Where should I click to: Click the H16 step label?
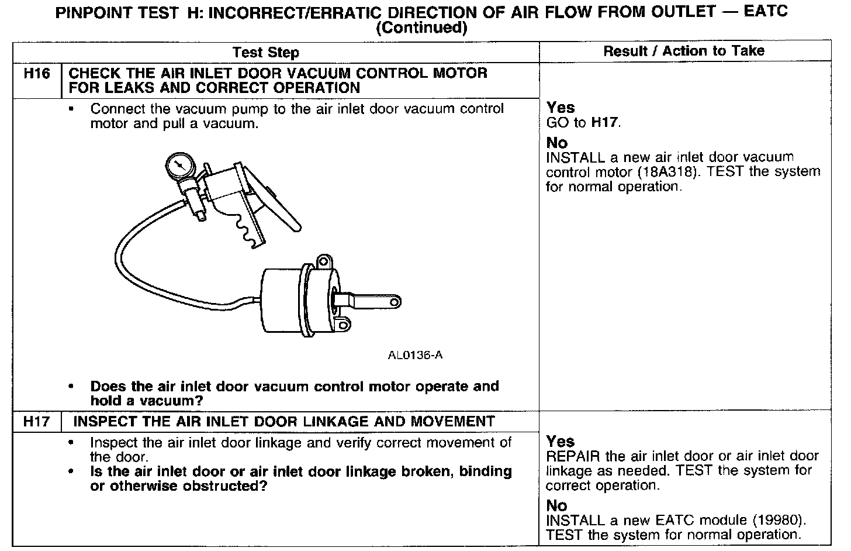36,74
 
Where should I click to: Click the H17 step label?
36,422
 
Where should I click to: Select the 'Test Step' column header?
265,53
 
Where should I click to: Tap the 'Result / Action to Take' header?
683,51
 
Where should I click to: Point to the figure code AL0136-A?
415,355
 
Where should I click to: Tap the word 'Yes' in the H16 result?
561,108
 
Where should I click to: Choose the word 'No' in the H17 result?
556,505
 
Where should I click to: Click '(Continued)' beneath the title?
421,28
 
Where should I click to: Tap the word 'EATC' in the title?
766,12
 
